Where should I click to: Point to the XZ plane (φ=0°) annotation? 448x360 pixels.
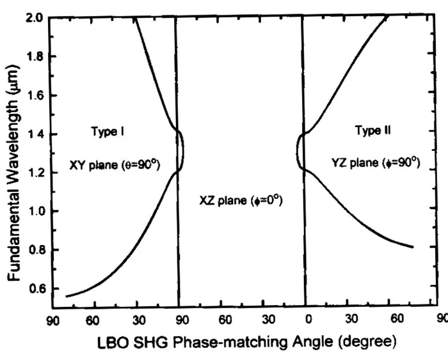[x=240, y=201]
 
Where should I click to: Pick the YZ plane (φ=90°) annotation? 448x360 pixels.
[x=376, y=163]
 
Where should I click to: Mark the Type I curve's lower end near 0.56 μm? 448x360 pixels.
[x=67, y=296]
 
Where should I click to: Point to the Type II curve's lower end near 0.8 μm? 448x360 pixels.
[x=413, y=246]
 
